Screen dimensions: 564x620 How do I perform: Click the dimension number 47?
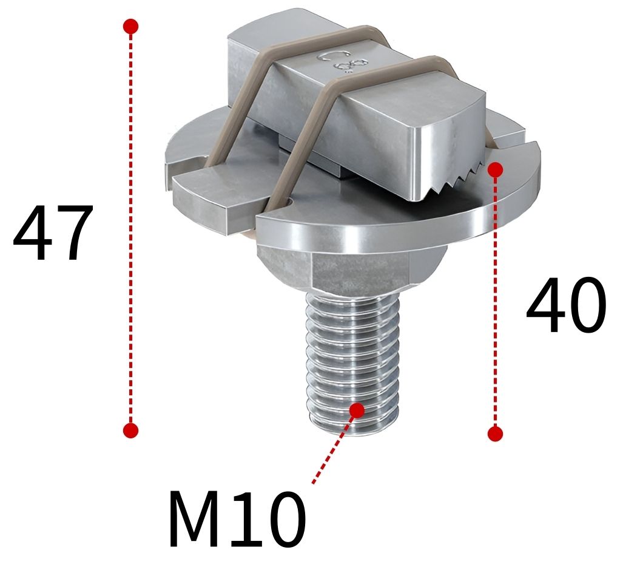pyautogui.click(x=53, y=234)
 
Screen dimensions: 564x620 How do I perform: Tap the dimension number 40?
pyautogui.click(x=565, y=307)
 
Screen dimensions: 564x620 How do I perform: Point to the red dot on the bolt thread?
pyautogui.click(x=357, y=410)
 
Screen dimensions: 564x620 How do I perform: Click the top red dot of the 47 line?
pyautogui.click(x=130, y=27)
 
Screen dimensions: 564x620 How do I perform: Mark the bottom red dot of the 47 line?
pyautogui.click(x=130, y=430)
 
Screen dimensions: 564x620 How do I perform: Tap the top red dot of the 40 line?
pyautogui.click(x=496, y=170)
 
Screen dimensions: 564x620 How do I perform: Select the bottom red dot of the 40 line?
pyautogui.click(x=496, y=433)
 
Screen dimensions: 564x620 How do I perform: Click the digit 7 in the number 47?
pyautogui.click(x=74, y=234)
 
